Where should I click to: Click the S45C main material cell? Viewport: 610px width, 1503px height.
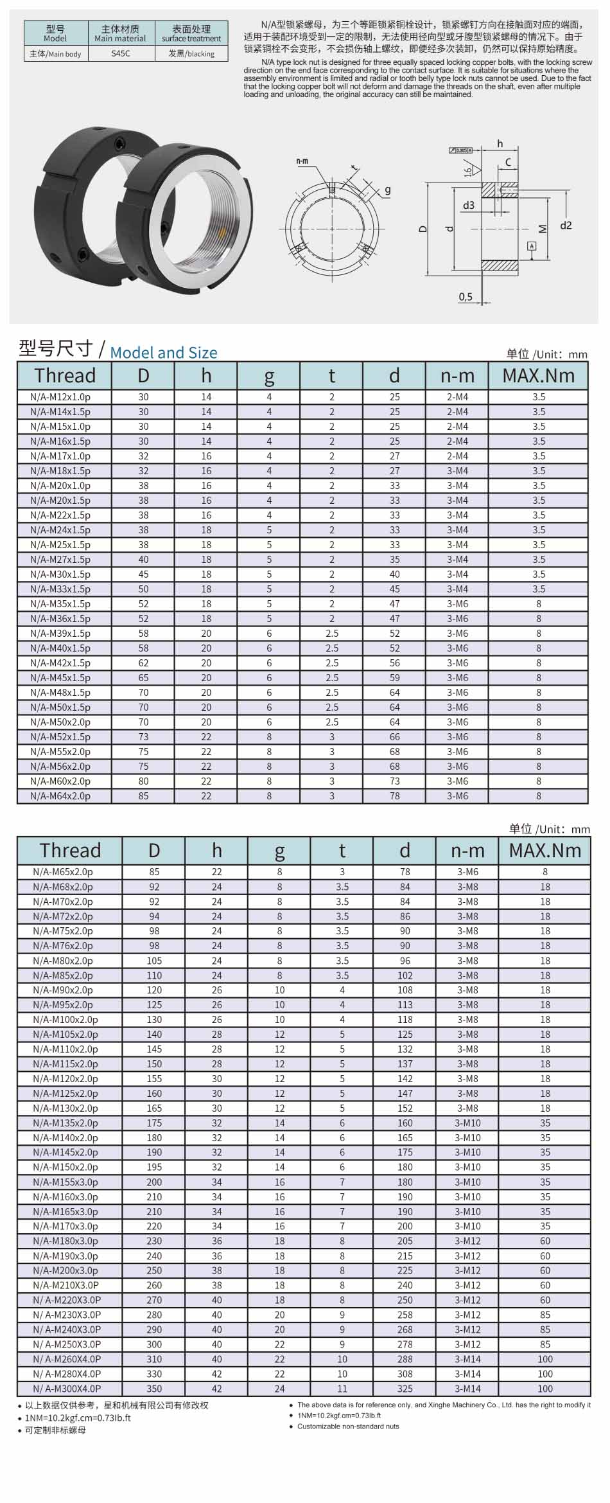tap(120, 54)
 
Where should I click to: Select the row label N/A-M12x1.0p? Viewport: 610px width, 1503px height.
tap(60, 397)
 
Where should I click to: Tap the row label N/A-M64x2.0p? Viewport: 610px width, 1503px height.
tap(60, 796)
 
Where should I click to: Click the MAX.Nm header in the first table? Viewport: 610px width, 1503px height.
tap(538, 375)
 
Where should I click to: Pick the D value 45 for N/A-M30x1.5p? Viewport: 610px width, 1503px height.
tap(143, 574)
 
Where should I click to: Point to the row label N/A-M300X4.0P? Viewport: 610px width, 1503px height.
tap(67, 1389)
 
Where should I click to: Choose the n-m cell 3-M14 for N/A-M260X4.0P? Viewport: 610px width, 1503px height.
tap(467, 1359)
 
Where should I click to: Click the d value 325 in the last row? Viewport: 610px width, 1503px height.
tap(405, 1389)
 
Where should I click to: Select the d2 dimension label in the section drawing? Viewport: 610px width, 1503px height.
tap(565, 226)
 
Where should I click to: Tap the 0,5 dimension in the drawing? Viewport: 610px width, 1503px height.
tap(466, 296)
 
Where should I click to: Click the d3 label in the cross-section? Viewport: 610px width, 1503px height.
tap(468, 205)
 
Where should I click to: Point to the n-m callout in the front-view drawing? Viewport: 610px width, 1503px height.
tap(302, 161)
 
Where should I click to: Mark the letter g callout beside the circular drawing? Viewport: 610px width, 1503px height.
tap(388, 191)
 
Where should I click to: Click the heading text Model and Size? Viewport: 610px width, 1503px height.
tap(164, 353)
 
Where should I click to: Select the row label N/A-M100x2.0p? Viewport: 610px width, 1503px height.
tap(65, 1020)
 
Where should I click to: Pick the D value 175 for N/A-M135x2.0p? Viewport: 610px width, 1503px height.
tap(154, 1123)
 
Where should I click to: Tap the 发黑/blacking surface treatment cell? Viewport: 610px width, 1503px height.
tap(191, 54)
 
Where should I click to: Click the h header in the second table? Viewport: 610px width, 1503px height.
tap(216, 850)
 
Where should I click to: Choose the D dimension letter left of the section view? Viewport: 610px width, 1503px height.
tap(423, 228)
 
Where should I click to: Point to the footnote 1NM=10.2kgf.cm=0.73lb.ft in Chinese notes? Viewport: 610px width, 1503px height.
tap(77, 1418)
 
